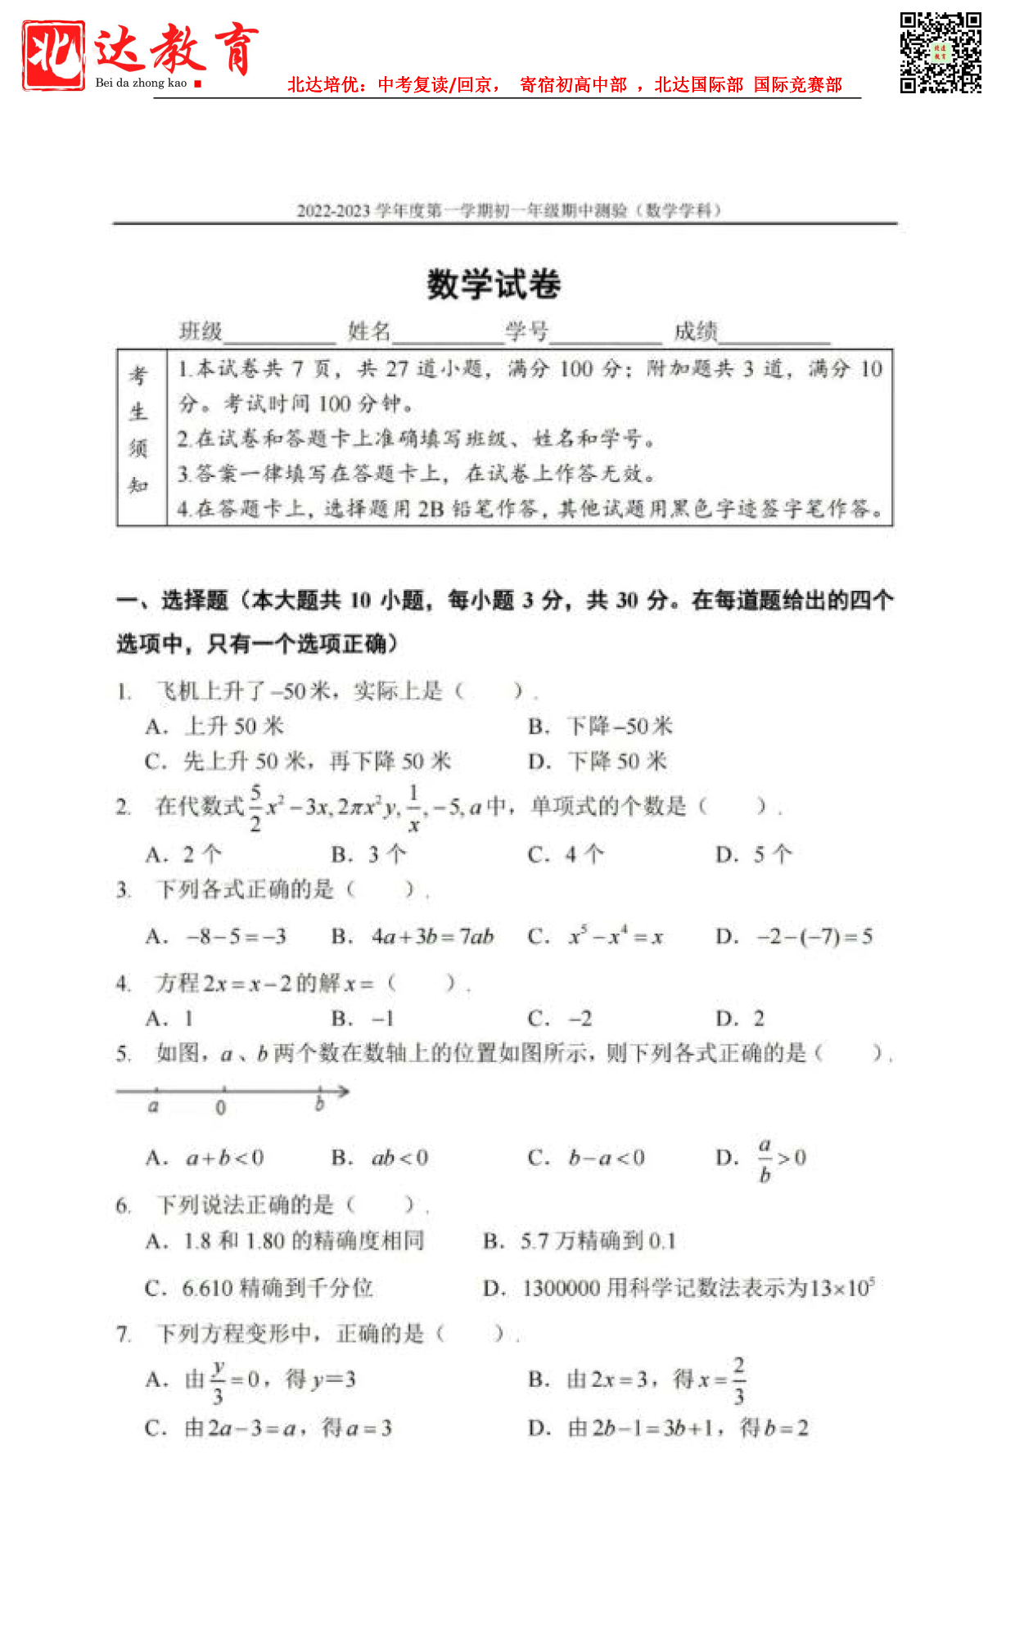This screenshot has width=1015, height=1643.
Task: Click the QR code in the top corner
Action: click(x=941, y=52)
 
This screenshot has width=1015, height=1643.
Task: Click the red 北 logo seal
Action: click(x=53, y=55)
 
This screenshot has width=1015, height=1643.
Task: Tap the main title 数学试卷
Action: click(x=494, y=285)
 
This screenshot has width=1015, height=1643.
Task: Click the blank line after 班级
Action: click(x=279, y=334)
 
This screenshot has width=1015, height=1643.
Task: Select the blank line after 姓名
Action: click(x=448, y=334)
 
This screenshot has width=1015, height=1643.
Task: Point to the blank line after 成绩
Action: click(x=774, y=334)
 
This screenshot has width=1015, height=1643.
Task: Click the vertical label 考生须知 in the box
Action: click(x=139, y=430)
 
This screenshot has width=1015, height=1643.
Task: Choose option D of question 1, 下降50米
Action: click(x=598, y=762)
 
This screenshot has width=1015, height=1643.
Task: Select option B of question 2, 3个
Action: click(x=369, y=855)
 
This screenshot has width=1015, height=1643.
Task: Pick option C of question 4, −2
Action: click(x=560, y=1019)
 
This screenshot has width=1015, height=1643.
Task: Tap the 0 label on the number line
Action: click(x=221, y=1108)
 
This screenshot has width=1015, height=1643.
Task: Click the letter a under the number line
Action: click(x=153, y=1107)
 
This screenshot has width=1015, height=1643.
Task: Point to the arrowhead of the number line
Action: click(x=344, y=1091)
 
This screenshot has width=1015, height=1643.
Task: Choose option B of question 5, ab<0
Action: click(x=381, y=1158)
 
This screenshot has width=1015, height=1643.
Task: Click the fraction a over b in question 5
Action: click(x=765, y=1159)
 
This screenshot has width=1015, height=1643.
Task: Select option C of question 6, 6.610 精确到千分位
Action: click(x=259, y=1288)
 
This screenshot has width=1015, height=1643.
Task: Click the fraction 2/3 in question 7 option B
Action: click(x=738, y=1380)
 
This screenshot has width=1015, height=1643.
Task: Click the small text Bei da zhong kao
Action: click(x=141, y=83)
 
